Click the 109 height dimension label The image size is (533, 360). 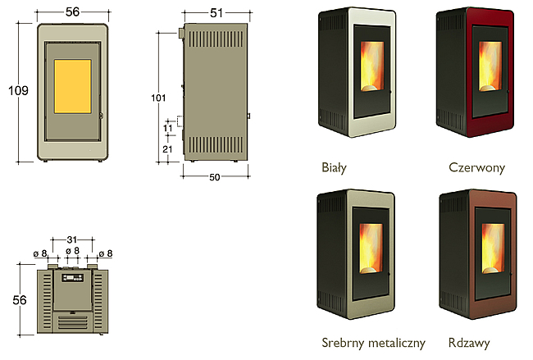(x=18, y=90)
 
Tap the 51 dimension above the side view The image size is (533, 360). (x=216, y=13)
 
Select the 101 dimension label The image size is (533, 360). (x=158, y=98)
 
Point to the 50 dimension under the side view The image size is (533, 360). (x=215, y=177)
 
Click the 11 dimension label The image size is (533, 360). (x=168, y=128)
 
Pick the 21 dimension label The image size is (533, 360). (x=167, y=149)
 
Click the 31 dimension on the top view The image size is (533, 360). (x=72, y=240)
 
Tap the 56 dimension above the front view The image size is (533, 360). (x=72, y=12)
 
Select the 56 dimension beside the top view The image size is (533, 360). (x=20, y=300)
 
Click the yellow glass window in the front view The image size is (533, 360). (x=73, y=86)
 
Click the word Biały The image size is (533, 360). (x=334, y=167)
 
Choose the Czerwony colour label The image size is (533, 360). (x=477, y=167)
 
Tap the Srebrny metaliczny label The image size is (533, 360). (x=373, y=343)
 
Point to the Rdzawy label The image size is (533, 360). (x=469, y=343)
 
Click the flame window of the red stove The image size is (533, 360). (x=490, y=66)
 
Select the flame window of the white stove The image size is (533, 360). (x=372, y=66)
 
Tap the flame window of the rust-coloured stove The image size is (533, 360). (x=493, y=248)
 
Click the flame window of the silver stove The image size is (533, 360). (x=371, y=248)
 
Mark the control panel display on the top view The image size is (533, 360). (x=72, y=278)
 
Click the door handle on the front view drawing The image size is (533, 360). (x=101, y=116)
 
